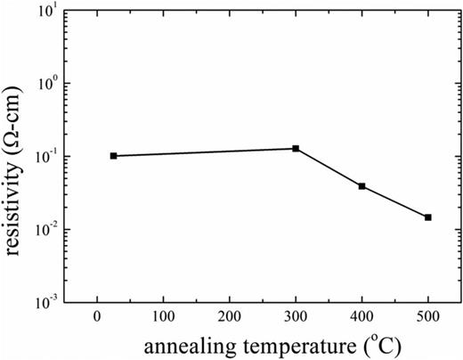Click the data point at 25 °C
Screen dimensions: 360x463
click(113, 156)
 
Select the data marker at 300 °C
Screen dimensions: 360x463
click(296, 148)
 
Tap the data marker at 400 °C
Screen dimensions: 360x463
click(361, 186)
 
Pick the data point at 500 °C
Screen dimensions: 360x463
click(428, 217)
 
